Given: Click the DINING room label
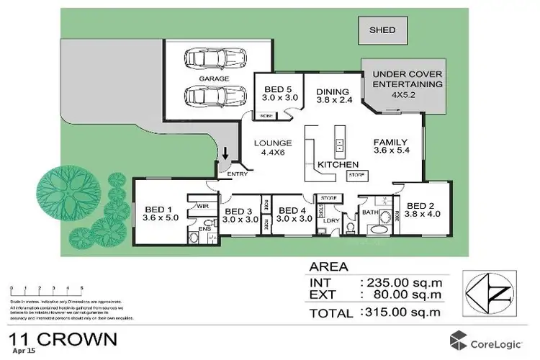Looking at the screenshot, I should [x=332, y=96].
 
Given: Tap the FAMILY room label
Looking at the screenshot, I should [x=392, y=146].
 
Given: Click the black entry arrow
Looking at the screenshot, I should [x=225, y=153].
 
